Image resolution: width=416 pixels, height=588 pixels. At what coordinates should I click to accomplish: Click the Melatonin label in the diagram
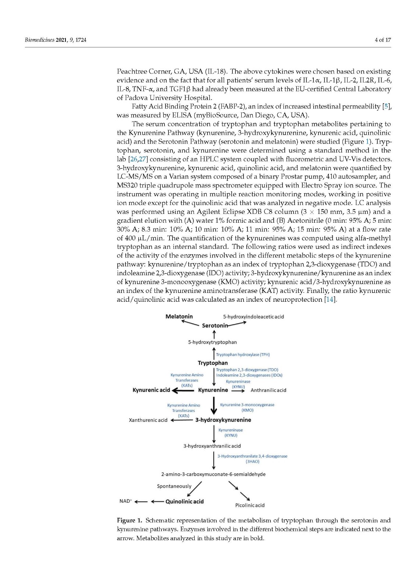tap(179, 316)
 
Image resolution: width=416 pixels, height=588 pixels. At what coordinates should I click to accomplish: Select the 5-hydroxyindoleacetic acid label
tap(253, 316)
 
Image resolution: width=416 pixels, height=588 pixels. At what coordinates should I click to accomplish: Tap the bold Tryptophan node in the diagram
tap(213, 363)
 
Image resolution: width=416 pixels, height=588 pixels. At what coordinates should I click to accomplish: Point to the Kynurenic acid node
tap(151, 390)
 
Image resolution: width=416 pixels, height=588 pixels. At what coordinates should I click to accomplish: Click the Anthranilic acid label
tap(268, 390)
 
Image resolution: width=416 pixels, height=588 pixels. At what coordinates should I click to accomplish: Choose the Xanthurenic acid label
tap(148, 420)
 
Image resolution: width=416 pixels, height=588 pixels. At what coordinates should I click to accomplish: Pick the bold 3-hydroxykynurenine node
tap(223, 420)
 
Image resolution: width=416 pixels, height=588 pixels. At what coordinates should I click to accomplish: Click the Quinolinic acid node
tap(184, 502)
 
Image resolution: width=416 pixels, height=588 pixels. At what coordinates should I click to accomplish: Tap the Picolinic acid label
tap(250, 505)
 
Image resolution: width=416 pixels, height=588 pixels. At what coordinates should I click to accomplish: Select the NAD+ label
tap(126, 501)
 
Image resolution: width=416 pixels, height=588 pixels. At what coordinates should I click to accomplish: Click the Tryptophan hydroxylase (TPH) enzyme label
tap(243, 355)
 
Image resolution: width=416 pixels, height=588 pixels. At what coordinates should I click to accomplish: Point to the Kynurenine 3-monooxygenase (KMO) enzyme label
tap(247, 407)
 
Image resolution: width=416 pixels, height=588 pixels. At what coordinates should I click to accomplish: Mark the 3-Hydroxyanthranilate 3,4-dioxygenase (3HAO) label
tap(252, 459)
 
